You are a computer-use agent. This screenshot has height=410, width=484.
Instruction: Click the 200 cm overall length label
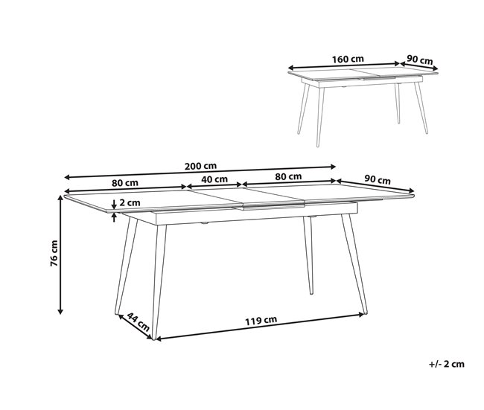tap(201, 166)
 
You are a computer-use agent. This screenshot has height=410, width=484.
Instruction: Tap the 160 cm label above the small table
tap(348, 59)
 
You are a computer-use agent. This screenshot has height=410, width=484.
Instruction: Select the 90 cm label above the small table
tap(421, 60)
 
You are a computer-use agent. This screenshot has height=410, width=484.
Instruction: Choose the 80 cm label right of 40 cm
tap(288, 176)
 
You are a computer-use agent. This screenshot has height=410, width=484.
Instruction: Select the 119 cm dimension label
tap(261, 320)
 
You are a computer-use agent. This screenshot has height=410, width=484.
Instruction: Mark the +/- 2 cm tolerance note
tap(447, 364)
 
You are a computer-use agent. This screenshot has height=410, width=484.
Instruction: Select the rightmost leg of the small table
tap(424, 108)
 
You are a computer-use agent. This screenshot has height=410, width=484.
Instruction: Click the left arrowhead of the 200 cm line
tap(68, 178)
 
